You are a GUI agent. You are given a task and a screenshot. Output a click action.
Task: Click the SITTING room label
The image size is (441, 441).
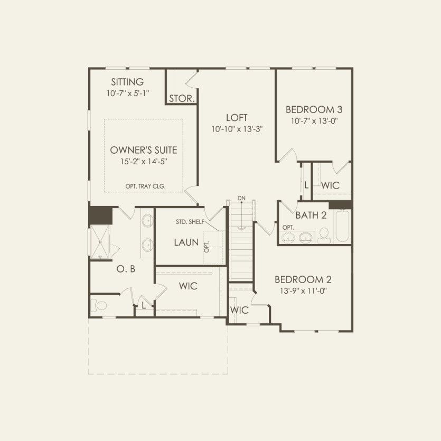(127, 82)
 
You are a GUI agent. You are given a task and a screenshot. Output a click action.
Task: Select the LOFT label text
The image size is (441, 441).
(237, 118)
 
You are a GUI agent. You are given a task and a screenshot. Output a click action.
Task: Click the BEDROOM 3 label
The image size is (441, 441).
(314, 110)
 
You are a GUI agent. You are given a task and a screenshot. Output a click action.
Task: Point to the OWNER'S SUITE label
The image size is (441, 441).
(143, 150)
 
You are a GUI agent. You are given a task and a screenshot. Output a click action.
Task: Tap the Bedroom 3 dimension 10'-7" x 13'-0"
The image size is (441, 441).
(314, 121)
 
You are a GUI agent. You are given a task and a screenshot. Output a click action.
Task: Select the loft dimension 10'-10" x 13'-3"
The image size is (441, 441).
(237, 129)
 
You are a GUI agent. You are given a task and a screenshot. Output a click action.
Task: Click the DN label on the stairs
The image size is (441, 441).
(241, 198)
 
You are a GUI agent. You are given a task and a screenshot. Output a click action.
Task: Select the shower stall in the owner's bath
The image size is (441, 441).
(100, 241)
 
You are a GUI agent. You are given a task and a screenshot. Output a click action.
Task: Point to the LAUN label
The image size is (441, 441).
(186, 242)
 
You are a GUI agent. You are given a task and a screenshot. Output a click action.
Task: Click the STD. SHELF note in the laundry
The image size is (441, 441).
(190, 222)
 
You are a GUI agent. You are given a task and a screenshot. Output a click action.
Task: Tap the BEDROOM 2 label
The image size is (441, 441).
(303, 279)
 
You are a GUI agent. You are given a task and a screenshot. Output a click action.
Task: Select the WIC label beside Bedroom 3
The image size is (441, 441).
(330, 185)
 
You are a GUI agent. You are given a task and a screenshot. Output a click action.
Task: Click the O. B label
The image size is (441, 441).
(126, 269)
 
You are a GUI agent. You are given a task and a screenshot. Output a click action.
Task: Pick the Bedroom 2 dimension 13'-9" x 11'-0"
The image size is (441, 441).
(303, 290)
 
